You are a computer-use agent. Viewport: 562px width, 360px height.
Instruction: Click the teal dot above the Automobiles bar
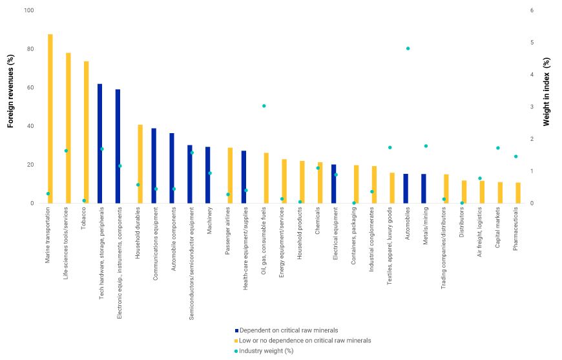tap(408, 48)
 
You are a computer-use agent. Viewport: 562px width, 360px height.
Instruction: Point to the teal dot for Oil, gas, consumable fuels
tap(264, 106)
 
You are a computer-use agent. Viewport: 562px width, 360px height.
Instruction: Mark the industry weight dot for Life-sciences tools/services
tap(66, 151)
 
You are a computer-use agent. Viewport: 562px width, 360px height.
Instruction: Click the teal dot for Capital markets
tap(497, 148)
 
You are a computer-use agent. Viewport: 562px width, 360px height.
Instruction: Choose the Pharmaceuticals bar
tap(518, 193)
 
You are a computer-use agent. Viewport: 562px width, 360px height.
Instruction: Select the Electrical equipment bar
tap(333, 184)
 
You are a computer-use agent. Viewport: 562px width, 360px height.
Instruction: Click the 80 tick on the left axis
tap(30, 49)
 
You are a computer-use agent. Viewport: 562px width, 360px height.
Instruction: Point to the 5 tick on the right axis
tap(532, 43)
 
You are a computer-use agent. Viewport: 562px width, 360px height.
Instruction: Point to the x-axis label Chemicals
tap(319, 223)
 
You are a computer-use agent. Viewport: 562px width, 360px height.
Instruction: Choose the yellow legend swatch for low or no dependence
tap(236, 341)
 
